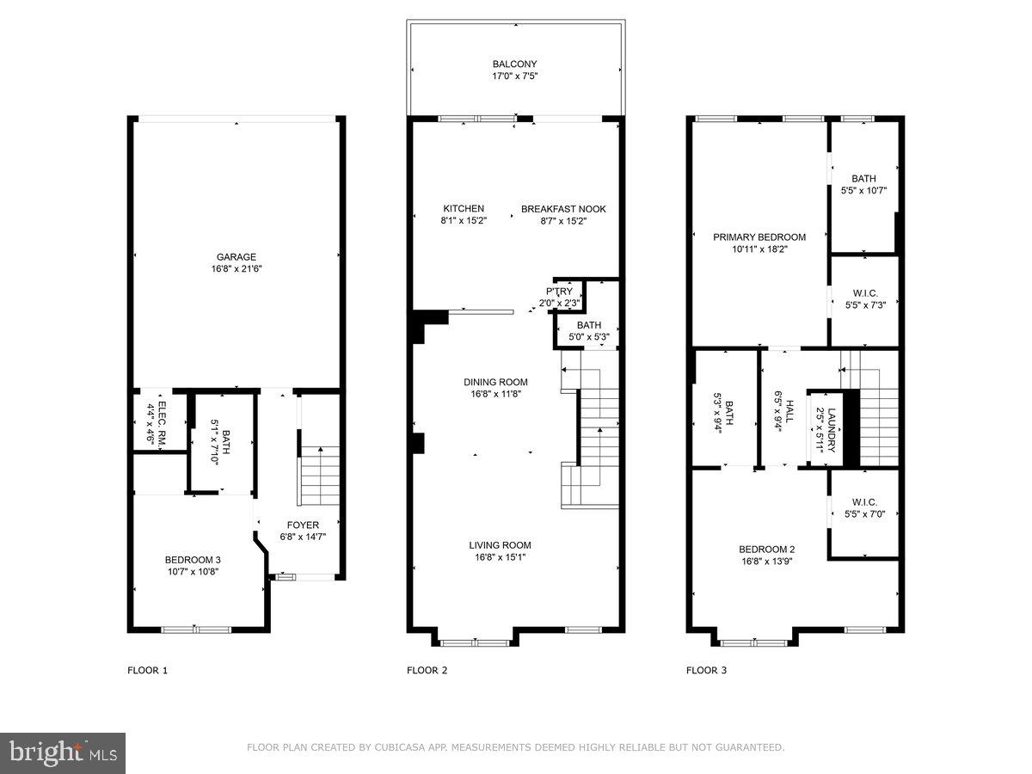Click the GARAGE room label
click(236, 257)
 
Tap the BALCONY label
click(514, 64)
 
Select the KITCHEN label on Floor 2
click(464, 209)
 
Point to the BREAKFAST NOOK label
click(563, 209)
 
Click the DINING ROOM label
click(495, 382)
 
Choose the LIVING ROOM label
click(500, 544)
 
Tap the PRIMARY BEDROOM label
click(759, 237)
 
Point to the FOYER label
click(303, 525)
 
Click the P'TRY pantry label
click(559, 292)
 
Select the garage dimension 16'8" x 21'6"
click(236, 269)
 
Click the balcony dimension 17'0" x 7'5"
click(514, 77)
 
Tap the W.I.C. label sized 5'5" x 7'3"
click(864, 293)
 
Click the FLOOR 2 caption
click(427, 670)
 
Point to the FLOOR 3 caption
click(706, 670)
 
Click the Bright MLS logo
click(63, 753)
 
